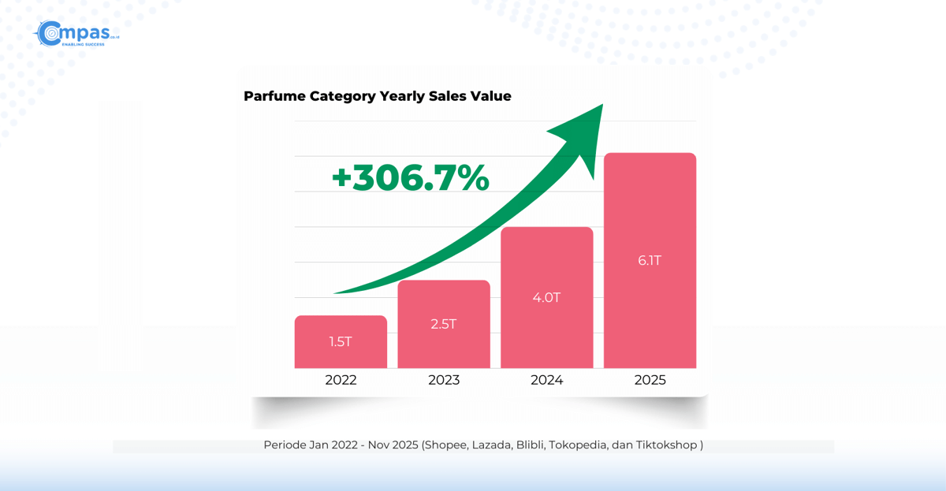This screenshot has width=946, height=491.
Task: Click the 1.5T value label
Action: click(x=341, y=341)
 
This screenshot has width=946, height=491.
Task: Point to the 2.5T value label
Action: click(x=444, y=324)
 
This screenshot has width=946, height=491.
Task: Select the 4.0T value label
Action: click(x=546, y=297)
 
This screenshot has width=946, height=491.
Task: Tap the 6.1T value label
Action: click(x=650, y=260)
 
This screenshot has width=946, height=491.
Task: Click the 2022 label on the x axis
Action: click(x=341, y=380)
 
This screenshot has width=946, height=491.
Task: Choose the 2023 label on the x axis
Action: click(x=444, y=380)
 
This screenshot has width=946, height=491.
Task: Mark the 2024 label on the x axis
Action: click(x=546, y=380)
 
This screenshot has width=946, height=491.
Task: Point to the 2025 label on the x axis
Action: click(x=650, y=380)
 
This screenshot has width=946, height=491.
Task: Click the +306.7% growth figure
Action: click(x=410, y=177)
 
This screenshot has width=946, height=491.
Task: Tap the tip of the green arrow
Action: click(x=601, y=107)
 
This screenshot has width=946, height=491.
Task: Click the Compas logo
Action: click(x=76, y=34)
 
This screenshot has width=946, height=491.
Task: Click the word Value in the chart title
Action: click(x=490, y=96)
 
